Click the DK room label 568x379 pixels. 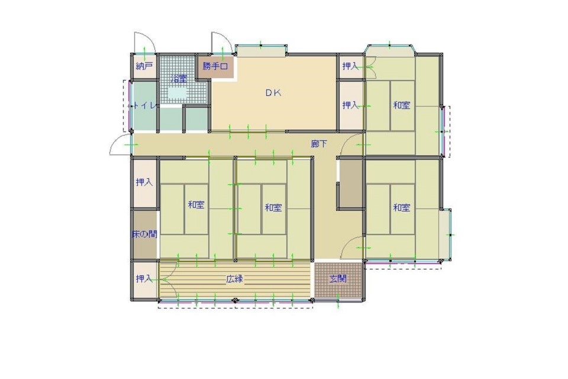click(x=273, y=93)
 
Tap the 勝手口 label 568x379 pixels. click(x=215, y=66)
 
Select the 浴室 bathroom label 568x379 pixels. click(x=179, y=78)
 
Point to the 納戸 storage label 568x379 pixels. click(x=144, y=66)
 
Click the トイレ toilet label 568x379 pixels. click(x=144, y=106)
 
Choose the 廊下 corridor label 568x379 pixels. click(x=319, y=144)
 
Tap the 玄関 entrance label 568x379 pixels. click(x=338, y=278)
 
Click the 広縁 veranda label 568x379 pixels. click(x=235, y=279)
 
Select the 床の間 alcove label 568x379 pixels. click(x=144, y=235)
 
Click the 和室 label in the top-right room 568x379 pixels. click(x=402, y=105)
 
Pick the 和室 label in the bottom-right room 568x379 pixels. click(x=402, y=208)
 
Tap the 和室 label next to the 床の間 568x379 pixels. click(x=196, y=204)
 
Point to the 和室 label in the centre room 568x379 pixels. click(x=273, y=208)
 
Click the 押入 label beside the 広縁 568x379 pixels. click(x=144, y=278)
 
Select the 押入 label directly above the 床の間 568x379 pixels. click(x=144, y=182)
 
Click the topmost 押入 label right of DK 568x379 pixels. click(x=350, y=66)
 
